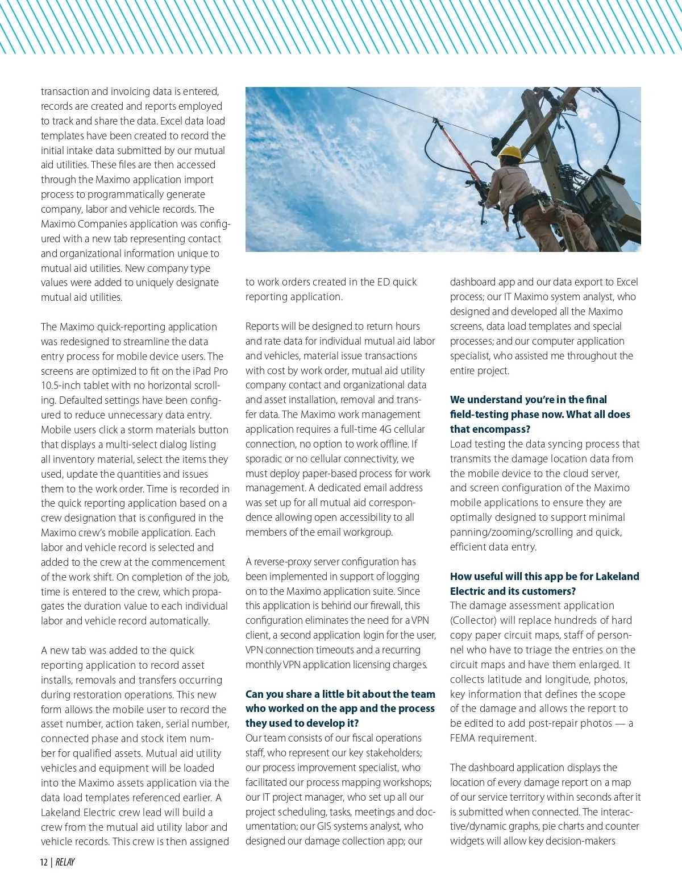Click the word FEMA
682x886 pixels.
point(464,738)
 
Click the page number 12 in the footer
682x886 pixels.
point(44,862)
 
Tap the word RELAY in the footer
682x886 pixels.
point(65,862)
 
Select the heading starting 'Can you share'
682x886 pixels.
point(340,709)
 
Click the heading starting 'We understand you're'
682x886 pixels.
point(540,414)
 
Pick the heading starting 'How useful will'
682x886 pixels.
point(544,583)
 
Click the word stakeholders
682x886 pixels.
point(393,753)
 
